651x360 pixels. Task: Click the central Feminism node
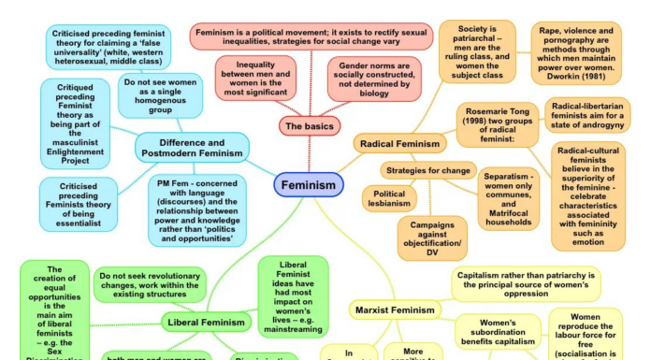pos(309,185)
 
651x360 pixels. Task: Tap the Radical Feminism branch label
pos(397,144)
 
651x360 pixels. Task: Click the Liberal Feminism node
pos(205,324)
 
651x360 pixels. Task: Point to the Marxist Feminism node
pos(393,310)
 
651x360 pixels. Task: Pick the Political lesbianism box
pos(389,199)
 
